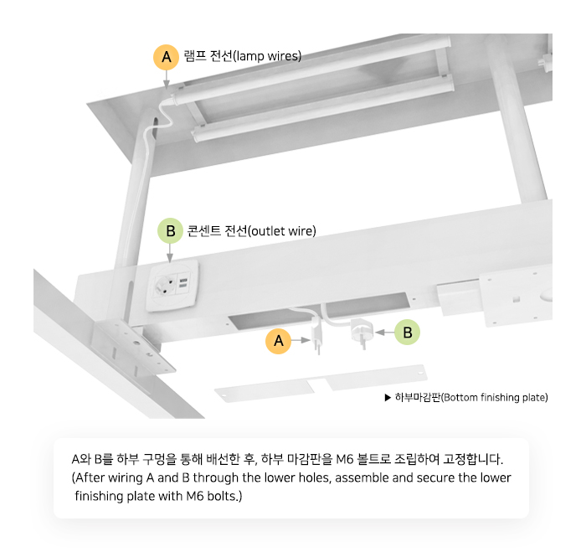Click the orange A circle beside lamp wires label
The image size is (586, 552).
click(x=167, y=57)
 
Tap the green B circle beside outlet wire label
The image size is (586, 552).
click(x=170, y=230)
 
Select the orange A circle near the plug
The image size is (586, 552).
click(x=278, y=341)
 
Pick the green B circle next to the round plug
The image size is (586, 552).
click(x=408, y=332)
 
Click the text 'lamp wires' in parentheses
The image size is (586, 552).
click(x=267, y=56)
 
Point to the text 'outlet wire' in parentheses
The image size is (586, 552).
click(x=282, y=231)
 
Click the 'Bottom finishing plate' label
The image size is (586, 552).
click(x=471, y=397)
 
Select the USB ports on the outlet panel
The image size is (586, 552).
click(x=183, y=282)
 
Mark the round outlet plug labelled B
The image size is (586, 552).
click(x=362, y=332)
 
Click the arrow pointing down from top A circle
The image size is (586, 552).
click(x=167, y=80)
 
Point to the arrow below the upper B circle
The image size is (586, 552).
click(x=170, y=253)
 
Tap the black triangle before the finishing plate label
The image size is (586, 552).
click(x=388, y=397)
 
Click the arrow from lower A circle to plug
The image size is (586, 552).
click(x=301, y=340)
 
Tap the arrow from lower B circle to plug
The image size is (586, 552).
click(x=385, y=332)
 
